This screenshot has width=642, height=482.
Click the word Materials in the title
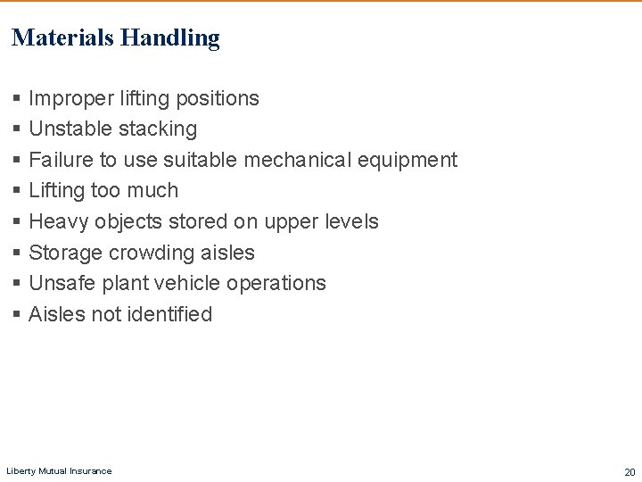[x=62, y=37]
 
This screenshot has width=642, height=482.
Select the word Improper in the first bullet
[x=65, y=98]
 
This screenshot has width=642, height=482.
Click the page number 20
[x=629, y=471]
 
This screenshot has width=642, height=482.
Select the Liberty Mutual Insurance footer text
[x=59, y=471]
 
